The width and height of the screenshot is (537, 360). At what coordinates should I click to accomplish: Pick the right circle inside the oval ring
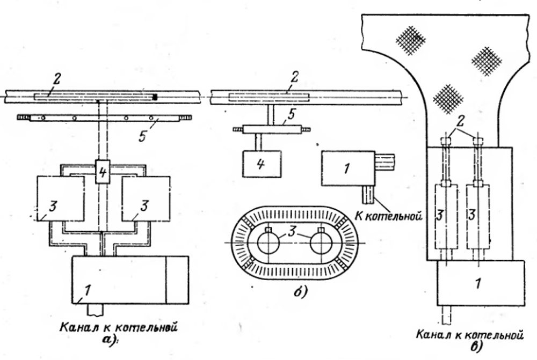coord(322,245)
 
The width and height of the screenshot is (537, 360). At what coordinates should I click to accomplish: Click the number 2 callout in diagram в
coord(459,119)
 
